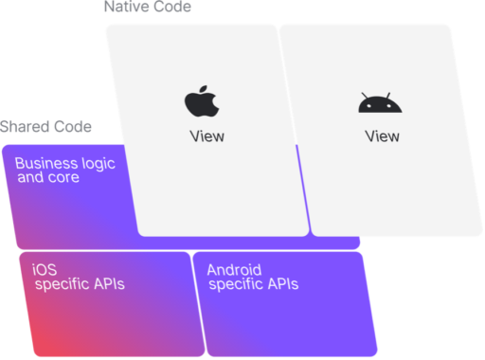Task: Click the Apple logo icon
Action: pos(200,101)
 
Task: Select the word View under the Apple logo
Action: pos(207,135)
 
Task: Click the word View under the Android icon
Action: pos(383,135)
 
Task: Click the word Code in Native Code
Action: pos(172,7)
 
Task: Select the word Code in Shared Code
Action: pos(74,127)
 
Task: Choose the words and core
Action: pos(49,177)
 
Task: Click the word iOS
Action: pos(44,269)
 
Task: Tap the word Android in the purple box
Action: pos(234,269)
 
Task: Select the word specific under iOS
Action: pos(62,283)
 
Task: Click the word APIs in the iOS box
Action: pos(109,283)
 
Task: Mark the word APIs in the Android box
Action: pos(282,283)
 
